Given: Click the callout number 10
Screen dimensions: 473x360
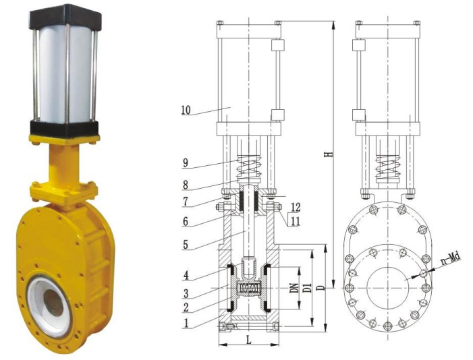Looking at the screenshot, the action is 186,111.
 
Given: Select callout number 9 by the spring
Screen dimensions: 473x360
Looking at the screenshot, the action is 185,163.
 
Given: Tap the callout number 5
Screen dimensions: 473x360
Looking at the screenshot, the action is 186,245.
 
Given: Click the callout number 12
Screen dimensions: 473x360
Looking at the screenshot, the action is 296,207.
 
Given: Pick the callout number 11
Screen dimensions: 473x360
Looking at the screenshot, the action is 295,222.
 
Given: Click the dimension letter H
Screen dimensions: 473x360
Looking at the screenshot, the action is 330,154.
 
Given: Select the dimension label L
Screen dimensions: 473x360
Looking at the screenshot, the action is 248,340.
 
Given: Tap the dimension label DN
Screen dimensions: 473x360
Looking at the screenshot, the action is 294,289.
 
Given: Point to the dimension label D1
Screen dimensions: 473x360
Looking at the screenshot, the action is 308,288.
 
